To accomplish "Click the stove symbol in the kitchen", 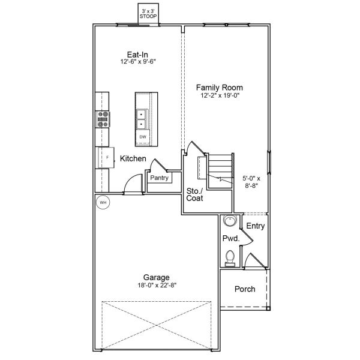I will [x=103, y=120].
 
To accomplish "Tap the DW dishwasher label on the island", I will [x=143, y=137].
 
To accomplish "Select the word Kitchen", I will [x=133, y=159].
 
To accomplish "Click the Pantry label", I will [x=159, y=178].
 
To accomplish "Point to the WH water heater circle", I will [x=103, y=202].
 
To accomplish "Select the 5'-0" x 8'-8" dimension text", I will [x=253, y=182].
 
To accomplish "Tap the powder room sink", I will [x=229, y=221].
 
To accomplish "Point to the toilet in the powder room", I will [x=229, y=258].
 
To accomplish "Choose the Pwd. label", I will [x=231, y=239].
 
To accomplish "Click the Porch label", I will [x=244, y=289].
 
